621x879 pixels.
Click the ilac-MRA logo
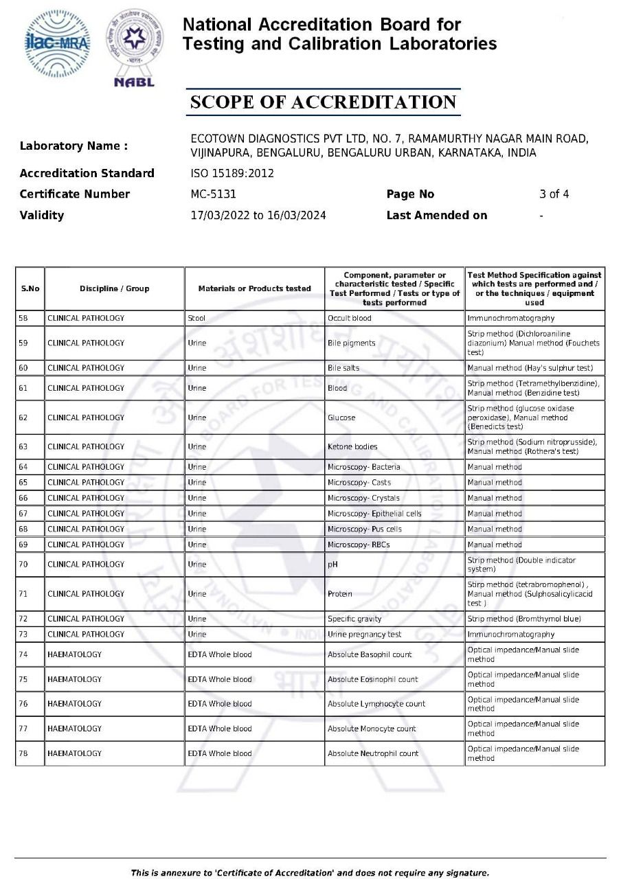click(57, 43)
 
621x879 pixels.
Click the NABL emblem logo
click(134, 47)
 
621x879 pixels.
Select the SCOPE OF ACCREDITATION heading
click(323, 102)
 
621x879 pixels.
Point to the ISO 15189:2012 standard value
click(232, 173)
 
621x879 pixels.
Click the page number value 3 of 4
click(554, 194)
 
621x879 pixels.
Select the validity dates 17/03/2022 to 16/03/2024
click(258, 216)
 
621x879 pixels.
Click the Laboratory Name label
click(74, 146)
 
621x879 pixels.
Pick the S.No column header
click(30, 289)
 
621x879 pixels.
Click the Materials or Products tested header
click(254, 289)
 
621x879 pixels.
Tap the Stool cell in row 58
click(196, 319)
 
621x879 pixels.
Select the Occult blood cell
click(350, 319)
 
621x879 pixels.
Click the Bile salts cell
click(343, 368)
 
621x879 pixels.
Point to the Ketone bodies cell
click(352, 447)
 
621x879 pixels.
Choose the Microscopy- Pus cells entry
click(365, 529)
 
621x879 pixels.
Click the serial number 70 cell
click(23, 564)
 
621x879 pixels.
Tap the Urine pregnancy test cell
click(365, 635)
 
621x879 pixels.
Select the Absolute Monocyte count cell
click(372, 729)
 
